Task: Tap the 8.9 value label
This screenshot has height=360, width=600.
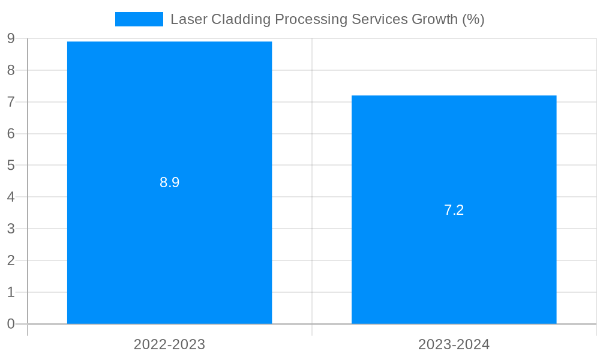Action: coord(169,182)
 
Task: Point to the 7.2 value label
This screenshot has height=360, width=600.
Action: coord(454,210)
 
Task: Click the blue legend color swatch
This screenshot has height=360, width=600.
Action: coord(139,19)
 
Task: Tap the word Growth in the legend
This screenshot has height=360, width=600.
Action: coord(434,19)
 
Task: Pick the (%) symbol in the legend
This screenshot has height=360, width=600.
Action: coord(473,19)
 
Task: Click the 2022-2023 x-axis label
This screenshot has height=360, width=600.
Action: coord(169,344)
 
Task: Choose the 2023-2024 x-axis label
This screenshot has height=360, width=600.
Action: coord(454,344)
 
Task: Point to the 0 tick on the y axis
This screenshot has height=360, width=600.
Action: coord(11,324)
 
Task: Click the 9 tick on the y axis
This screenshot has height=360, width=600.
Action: coord(11,38)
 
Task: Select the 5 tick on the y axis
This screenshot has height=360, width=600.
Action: coord(11,165)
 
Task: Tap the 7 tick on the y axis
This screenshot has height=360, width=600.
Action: coord(11,102)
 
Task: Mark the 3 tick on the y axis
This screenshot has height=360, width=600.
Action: coord(11,229)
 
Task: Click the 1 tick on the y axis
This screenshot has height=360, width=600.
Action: coord(11,292)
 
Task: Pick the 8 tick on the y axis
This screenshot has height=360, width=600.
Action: coord(11,70)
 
